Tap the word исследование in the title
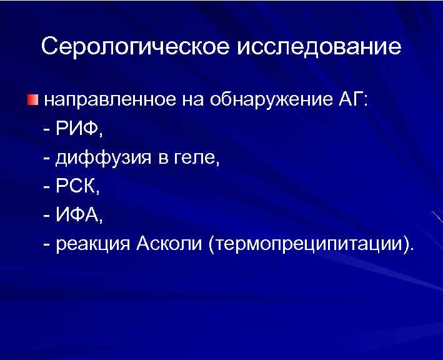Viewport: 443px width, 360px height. click(x=319, y=47)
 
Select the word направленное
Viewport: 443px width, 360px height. click(x=109, y=100)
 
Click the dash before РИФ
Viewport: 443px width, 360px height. click(x=48, y=130)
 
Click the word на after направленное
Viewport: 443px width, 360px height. click(x=194, y=100)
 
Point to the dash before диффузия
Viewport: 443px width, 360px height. click(x=48, y=159)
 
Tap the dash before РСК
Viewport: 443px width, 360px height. click(x=48, y=187)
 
